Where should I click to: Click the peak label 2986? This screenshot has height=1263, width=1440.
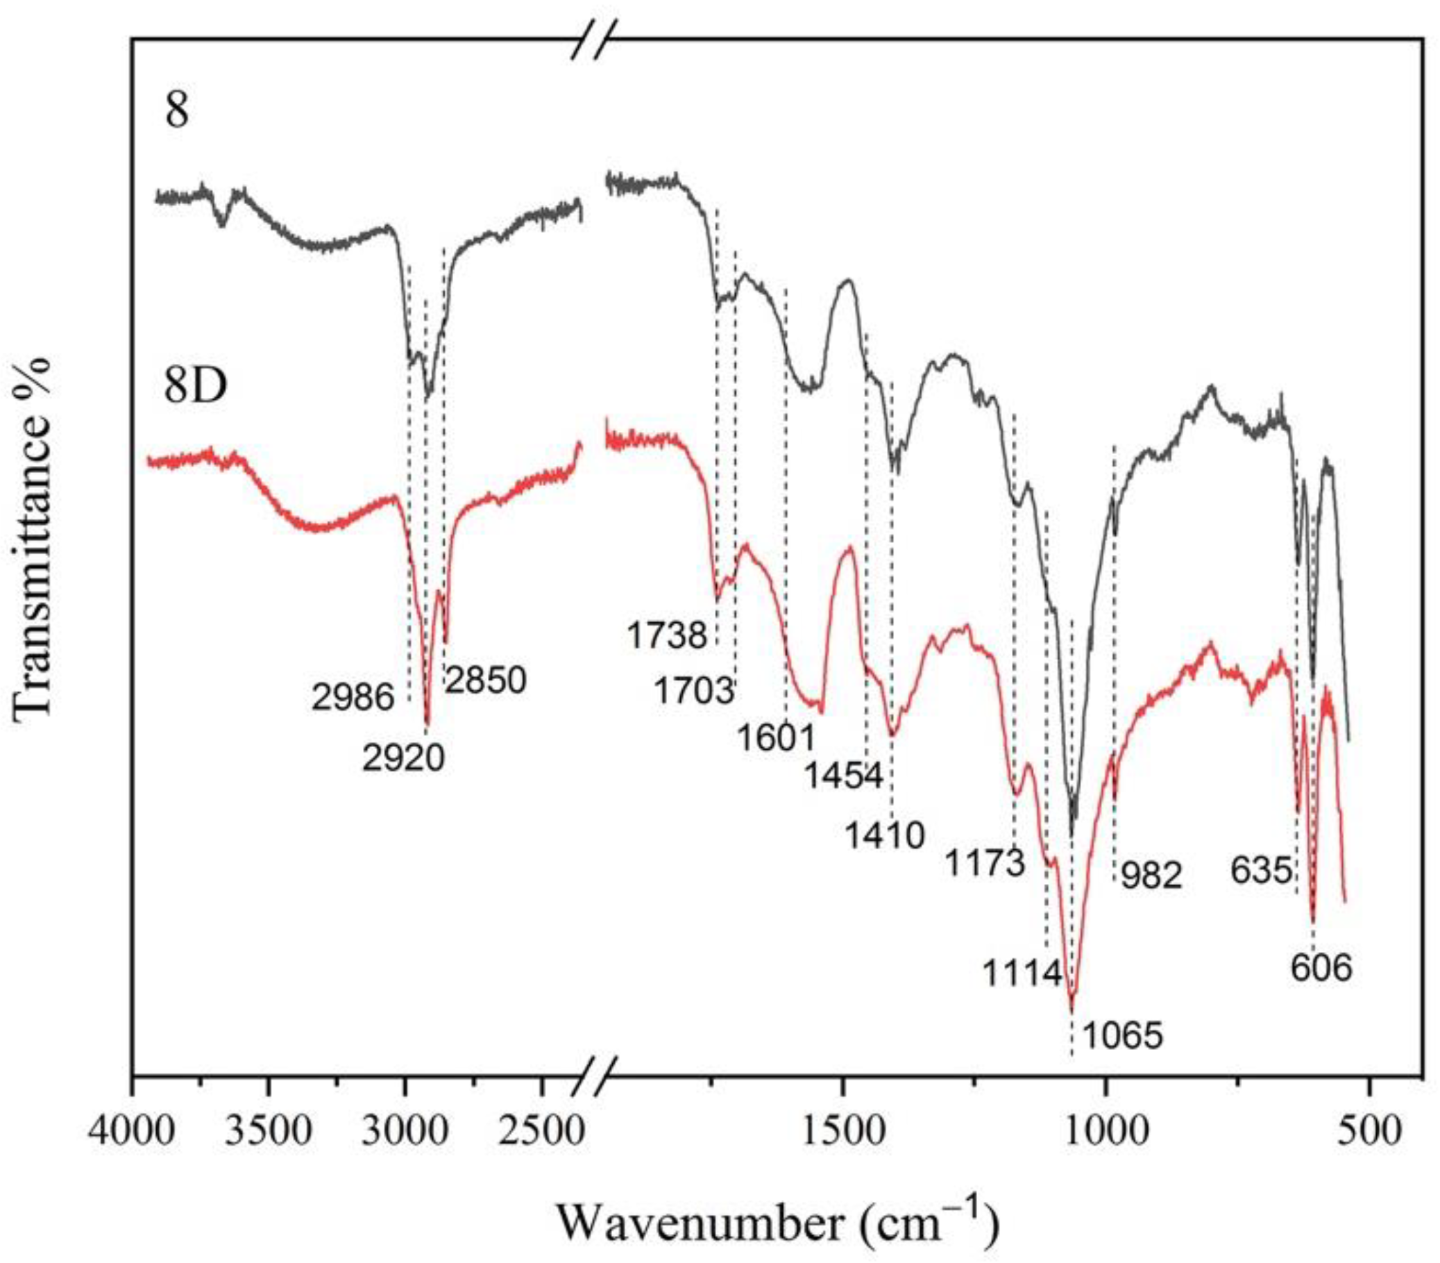point(353,698)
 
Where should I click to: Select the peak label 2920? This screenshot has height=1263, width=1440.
point(404,758)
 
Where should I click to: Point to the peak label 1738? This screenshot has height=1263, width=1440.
point(666,637)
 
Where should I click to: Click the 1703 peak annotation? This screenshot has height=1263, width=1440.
point(693,692)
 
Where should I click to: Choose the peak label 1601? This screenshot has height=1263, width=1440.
point(776,738)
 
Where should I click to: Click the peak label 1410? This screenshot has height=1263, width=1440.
point(884,836)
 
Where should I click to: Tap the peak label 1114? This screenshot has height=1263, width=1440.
point(1022,975)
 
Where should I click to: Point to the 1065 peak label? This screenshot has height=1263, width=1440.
point(1122,1036)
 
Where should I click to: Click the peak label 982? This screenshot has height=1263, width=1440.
point(1151,876)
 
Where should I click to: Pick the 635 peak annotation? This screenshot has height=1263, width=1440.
point(1261,871)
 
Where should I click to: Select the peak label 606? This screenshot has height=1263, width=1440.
point(1321,969)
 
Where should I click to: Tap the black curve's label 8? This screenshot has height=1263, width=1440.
point(177,111)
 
